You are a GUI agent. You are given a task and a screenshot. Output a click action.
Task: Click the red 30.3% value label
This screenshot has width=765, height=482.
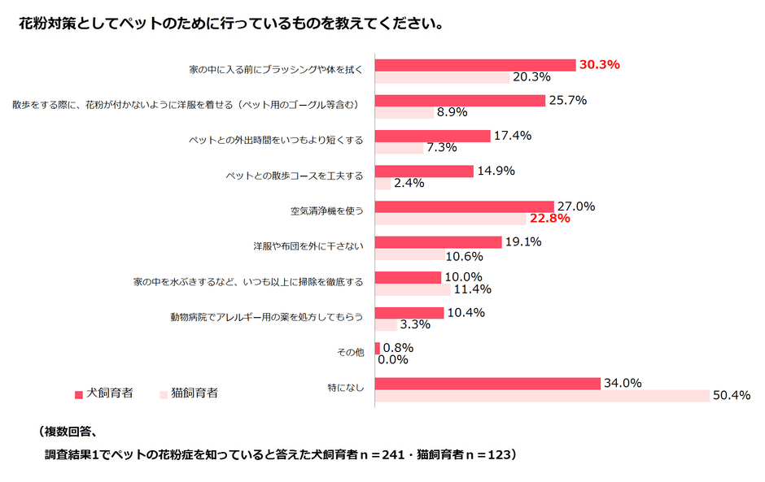coord(600,65)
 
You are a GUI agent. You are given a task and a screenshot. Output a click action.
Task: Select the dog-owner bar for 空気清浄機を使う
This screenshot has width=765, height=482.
coord(465,207)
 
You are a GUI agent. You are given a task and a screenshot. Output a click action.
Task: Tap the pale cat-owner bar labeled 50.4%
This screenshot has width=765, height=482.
coord(542,395)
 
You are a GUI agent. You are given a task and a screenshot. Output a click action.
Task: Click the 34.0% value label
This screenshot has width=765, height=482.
coord(623,383)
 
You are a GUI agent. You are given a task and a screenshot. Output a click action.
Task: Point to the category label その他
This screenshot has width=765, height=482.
coord(350,353)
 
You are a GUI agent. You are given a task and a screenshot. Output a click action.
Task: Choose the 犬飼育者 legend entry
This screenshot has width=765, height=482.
coord(103,393)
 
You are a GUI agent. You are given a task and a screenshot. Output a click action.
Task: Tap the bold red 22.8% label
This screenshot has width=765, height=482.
coord(549,219)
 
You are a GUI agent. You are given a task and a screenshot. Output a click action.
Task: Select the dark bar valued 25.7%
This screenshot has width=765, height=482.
coord(460,101)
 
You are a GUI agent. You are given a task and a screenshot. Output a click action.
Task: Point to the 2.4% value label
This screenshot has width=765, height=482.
coord(409,183)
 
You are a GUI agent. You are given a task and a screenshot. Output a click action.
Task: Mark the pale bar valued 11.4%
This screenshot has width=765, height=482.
coord(413,289)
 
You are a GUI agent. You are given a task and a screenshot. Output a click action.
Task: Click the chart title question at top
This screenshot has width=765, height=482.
coord(231,24)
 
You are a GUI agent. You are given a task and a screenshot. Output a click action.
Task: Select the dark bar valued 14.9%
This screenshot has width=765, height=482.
coord(424,172)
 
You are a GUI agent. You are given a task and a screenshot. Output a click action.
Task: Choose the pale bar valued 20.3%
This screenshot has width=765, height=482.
coord(442,77)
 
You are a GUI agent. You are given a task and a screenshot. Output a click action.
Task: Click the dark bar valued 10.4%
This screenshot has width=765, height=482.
coord(409,313)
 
